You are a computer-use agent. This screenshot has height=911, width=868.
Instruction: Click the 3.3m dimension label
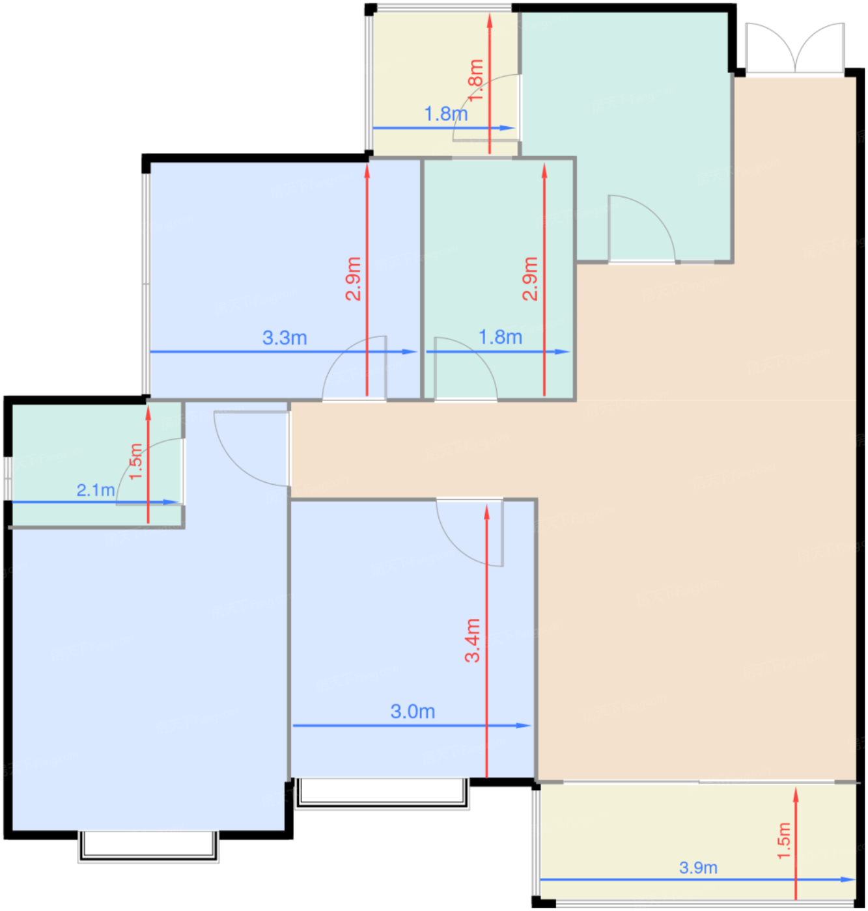285,338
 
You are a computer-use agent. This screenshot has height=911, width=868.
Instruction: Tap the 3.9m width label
698,867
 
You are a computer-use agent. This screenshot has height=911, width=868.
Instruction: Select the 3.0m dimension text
413,711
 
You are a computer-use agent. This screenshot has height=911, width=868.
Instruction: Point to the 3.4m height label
473,640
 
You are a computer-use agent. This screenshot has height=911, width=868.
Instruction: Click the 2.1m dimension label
96,490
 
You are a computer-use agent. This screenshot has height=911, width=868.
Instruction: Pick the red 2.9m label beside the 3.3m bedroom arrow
354,279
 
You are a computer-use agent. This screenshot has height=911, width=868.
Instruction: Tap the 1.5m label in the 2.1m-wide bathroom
135,461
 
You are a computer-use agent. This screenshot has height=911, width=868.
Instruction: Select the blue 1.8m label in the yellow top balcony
446,113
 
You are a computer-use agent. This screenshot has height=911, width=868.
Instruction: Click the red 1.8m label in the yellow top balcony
476,81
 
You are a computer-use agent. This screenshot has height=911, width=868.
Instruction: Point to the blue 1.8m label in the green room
500,337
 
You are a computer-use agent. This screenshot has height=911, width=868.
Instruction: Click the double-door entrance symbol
794,48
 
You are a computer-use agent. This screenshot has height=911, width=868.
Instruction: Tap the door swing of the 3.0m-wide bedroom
469,532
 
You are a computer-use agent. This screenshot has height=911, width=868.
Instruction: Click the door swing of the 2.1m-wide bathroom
149,471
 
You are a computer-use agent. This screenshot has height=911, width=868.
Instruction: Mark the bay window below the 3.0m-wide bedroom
382,793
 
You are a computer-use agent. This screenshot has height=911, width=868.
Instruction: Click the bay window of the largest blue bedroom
148,847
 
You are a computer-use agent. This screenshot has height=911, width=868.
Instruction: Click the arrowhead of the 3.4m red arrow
487,513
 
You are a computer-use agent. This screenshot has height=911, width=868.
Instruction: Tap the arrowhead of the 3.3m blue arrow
410,351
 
